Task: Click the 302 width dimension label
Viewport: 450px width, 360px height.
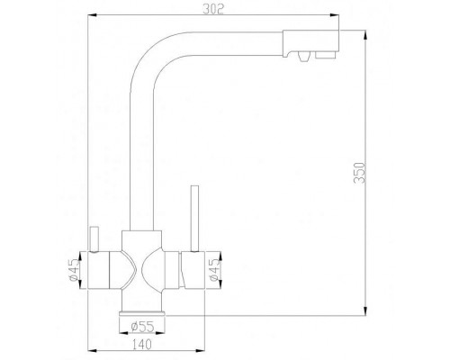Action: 212,10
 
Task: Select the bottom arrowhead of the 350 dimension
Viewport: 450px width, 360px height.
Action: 365,314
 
